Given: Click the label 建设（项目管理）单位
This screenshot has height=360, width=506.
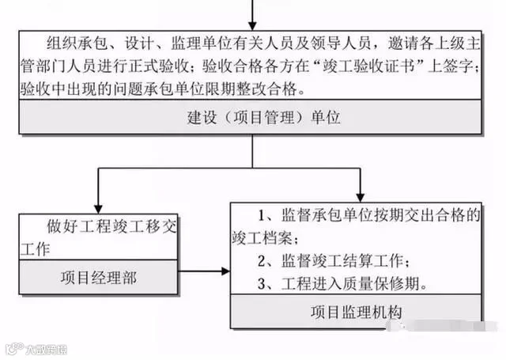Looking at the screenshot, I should [x=253, y=118].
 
